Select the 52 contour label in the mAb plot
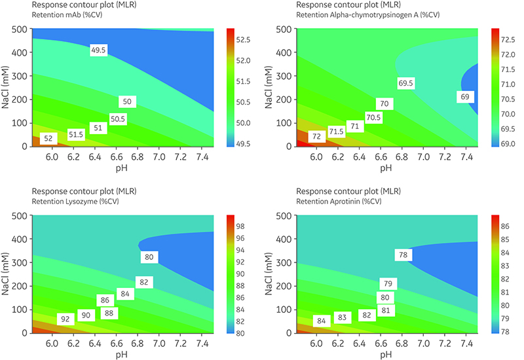48,139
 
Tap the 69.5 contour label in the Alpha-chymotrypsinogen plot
405,83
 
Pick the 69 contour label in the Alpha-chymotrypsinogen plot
465,96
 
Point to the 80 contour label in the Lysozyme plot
149,257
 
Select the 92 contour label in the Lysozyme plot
65,319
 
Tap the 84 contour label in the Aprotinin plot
321,321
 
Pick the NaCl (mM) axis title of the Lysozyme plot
8,274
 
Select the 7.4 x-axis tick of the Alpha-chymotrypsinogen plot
466,158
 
